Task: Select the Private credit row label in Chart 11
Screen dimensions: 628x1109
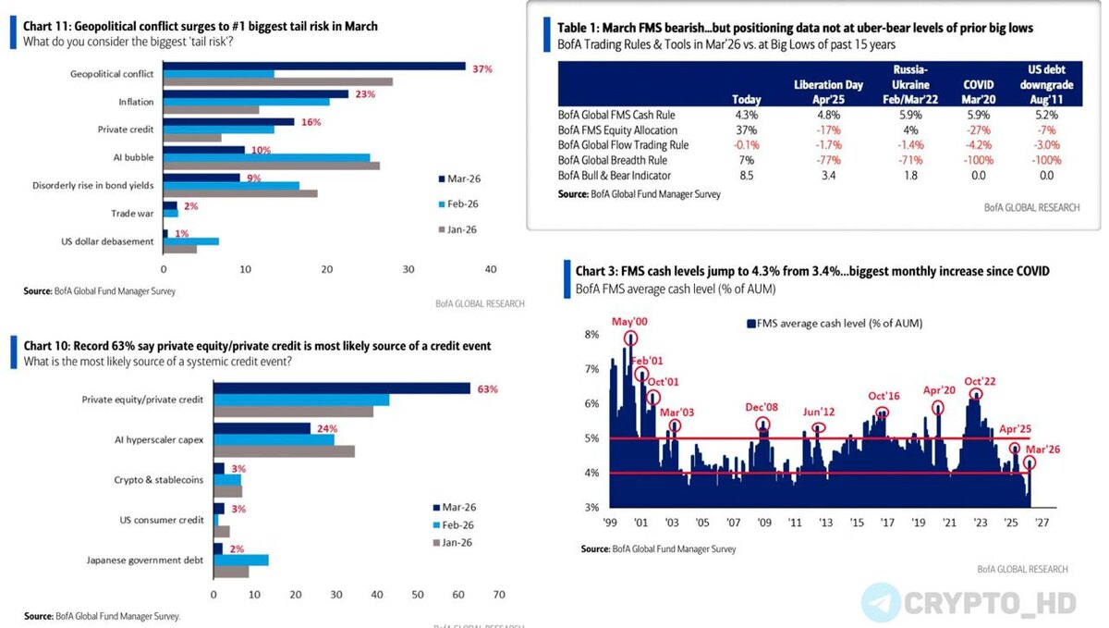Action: [x=124, y=129]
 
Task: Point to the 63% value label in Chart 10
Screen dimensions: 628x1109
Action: [x=487, y=389]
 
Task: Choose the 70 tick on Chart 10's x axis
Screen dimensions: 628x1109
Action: [x=499, y=595]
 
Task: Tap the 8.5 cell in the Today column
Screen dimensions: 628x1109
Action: [x=746, y=175]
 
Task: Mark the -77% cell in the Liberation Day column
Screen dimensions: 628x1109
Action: [x=828, y=160]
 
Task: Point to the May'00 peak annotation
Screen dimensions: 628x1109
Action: [x=630, y=323]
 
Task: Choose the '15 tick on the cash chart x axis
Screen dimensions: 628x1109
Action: [x=857, y=523]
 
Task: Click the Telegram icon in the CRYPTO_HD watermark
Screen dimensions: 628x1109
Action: [x=881, y=603]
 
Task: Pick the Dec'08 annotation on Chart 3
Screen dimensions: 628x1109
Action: [x=763, y=408]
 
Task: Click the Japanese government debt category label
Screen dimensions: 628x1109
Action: [x=145, y=560]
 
